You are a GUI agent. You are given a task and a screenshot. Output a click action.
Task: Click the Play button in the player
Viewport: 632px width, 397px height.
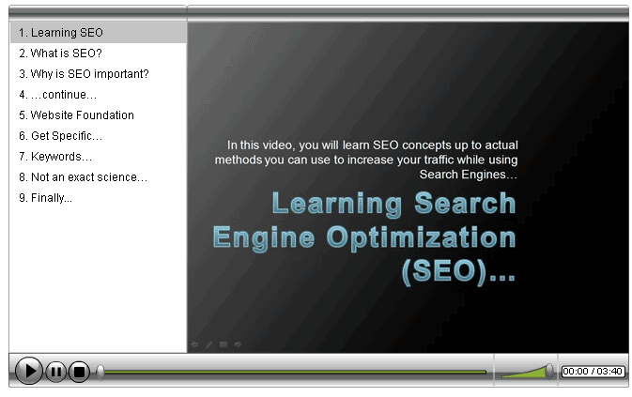click(x=28, y=371)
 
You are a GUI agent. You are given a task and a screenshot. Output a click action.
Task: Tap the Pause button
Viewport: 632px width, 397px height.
click(x=56, y=372)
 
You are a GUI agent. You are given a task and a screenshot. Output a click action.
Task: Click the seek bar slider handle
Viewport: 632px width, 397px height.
click(x=100, y=372)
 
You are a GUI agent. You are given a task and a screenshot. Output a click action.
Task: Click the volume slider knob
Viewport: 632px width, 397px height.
click(x=548, y=372)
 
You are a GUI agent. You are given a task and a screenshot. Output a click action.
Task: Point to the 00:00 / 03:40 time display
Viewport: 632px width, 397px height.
click(x=593, y=372)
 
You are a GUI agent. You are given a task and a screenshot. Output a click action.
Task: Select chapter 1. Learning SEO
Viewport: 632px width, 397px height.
click(x=61, y=33)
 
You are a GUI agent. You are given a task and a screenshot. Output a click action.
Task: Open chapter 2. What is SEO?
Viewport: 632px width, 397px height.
click(x=60, y=53)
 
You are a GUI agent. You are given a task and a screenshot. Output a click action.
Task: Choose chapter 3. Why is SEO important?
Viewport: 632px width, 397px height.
click(x=84, y=74)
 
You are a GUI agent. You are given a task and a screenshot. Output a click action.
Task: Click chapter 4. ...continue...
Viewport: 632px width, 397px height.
click(x=57, y=95)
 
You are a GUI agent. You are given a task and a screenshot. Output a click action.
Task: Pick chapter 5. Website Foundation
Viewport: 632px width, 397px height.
click(x=76, y=115)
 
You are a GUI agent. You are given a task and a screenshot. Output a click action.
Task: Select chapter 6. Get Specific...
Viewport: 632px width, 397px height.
click(x=60, y=136)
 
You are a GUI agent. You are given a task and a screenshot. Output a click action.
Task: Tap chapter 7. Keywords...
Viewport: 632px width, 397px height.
click(x=55, y=157)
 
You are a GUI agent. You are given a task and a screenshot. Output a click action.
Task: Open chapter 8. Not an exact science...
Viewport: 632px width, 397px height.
click(x=83, y=177)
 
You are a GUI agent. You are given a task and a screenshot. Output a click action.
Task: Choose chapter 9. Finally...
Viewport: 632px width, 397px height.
click(x=46, y=198)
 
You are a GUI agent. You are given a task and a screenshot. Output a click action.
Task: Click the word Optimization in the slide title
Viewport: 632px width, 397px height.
click(x=421, y=238)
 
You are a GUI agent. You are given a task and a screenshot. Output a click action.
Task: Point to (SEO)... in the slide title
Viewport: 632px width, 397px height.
click(x=458, y=271)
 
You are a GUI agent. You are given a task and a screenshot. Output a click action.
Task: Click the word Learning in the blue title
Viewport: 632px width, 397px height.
click(x=337, y=205)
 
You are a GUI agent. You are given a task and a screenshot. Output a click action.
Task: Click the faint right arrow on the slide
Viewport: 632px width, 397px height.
click(x=239, y=344)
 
